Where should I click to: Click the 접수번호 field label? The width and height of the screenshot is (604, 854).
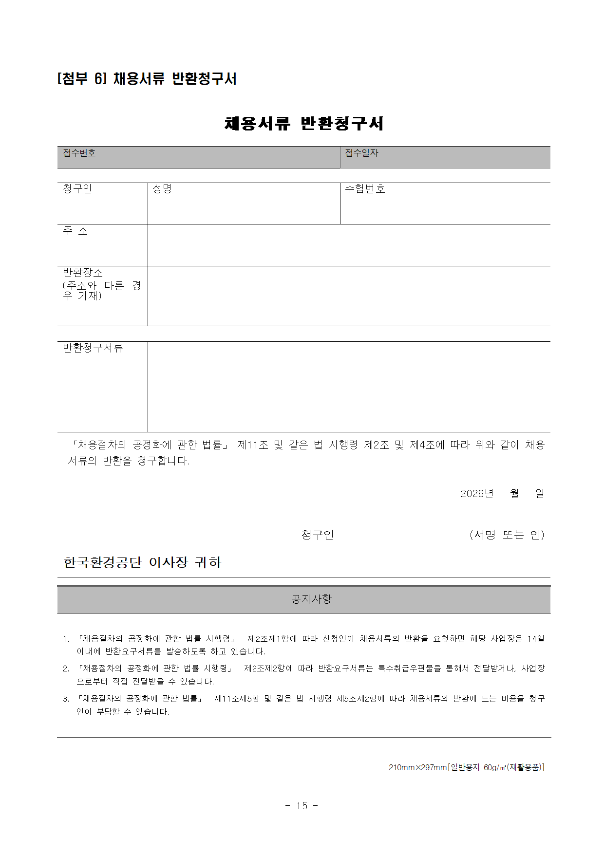pyautogui.click(x=79, y=153)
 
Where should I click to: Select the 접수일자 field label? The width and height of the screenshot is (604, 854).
pyautogui.click(x=361, y=153)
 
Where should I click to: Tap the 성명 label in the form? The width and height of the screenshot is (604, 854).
pyautogui.click(x=162, y=189)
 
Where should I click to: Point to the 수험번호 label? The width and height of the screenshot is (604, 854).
pyautogui.click(x=365, y=189)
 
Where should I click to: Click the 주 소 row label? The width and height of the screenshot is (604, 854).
pyautogui.click(x=75, y=231)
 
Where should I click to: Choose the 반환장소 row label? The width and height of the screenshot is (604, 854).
pyautogui.click(x=83, y=273)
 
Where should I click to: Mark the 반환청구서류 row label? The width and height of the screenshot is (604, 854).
pyautogui.click(x=93, y=348)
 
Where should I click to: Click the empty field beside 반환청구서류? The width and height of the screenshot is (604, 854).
pyautogui.click(x=348, y=387)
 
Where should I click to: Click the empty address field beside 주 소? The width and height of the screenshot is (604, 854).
pyautogui.click(x=348, y=245)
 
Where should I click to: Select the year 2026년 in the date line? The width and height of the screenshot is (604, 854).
pyautogui.click(x=476, y=494)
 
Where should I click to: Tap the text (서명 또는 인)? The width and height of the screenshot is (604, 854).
pyautogui.click(x=507, y=535)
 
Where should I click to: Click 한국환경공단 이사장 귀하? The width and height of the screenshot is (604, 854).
pyautogui.click(x=142, y=563)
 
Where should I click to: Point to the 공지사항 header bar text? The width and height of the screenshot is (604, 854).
pyautogui.click(x=311, y=599)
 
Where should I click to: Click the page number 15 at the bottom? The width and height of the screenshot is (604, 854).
pyautogui.click(x=302, y=806)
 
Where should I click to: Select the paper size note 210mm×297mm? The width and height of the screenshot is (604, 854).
pyautogui.click(x=417, y=767)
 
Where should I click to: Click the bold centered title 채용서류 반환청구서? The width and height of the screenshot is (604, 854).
pyautogui.click(x=304, y=124)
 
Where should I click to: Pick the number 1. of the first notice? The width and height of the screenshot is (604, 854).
pyautogui.click(x=66, y=639)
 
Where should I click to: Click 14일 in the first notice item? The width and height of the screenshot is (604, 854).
pyautogui.click(x=536, y=638)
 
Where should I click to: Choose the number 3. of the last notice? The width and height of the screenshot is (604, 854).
pyautogui.click(x=66, y=699)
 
